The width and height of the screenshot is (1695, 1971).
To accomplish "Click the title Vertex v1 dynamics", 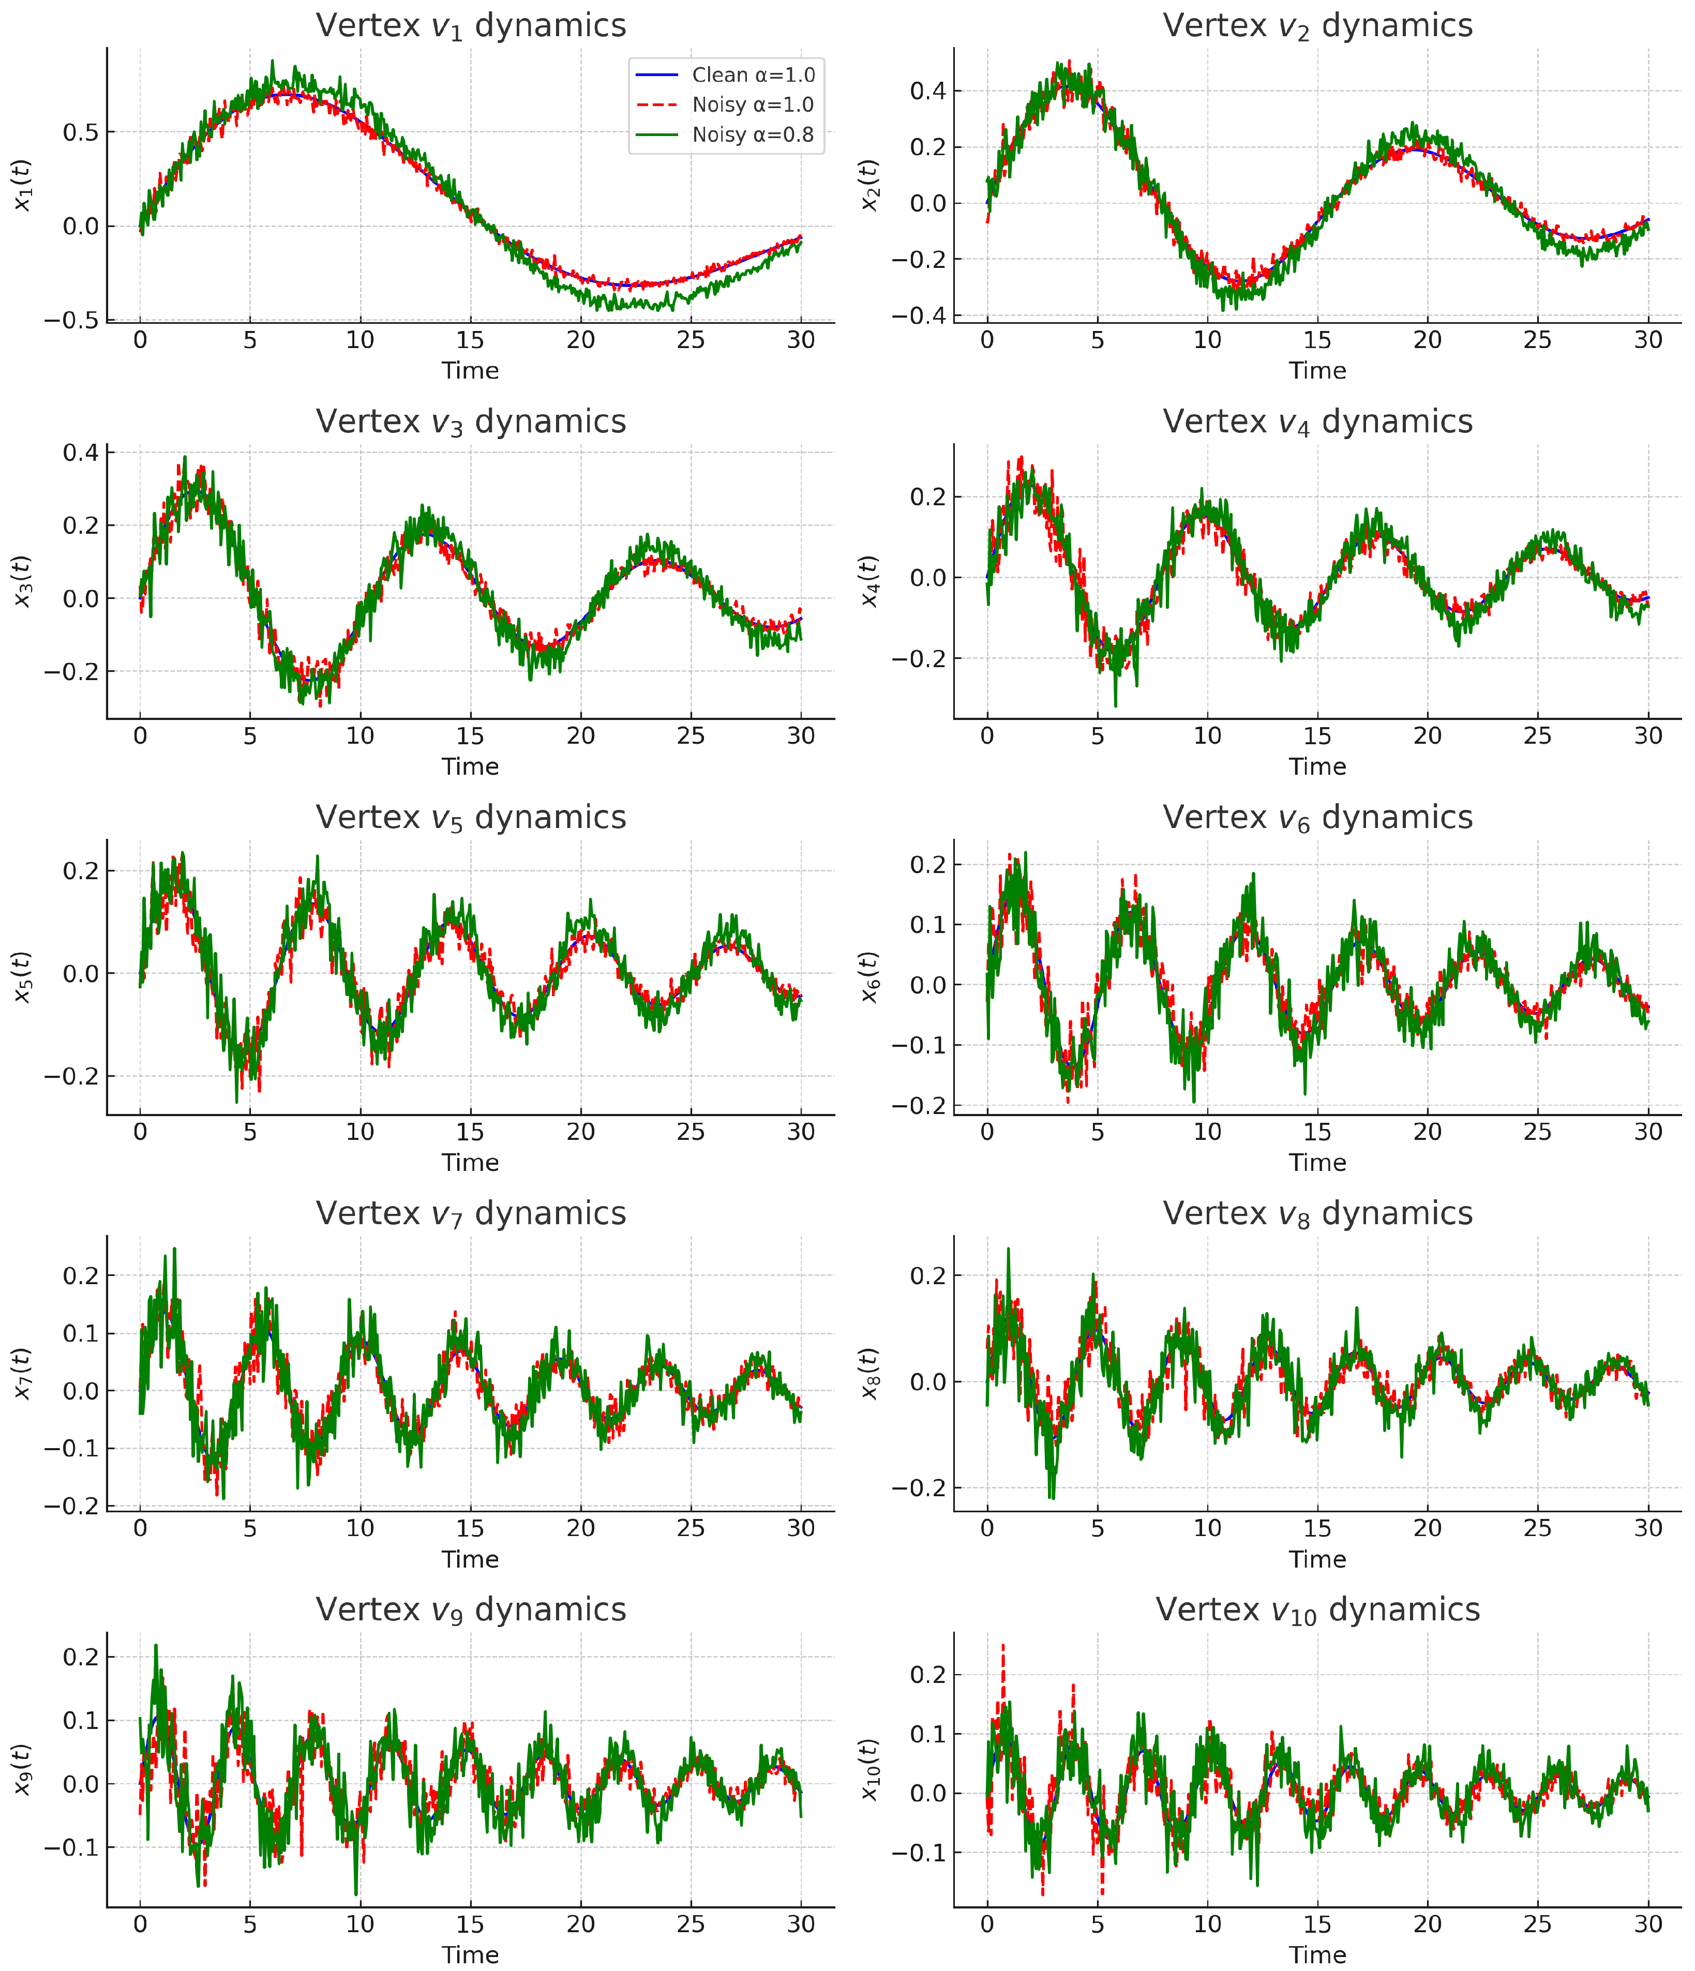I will click(x=471, y=26).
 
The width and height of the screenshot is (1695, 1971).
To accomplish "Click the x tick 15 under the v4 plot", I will click(x=1317, y=735).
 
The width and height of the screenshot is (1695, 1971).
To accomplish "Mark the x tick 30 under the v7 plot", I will click(x=801, y=1528).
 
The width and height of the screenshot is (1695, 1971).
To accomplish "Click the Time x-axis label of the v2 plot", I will click(x=1317, y=371).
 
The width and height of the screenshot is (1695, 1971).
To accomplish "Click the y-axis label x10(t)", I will click(x=869, y=1769).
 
